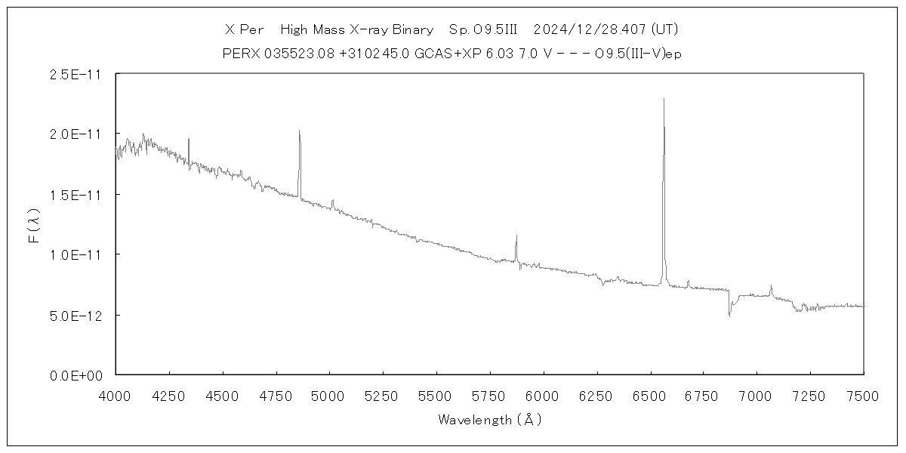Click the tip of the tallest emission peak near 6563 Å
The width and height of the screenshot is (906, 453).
[x=664, y=99]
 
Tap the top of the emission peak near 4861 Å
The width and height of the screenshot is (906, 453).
[x=300, y=131]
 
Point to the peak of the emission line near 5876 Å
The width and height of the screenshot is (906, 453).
[x=516, y=236]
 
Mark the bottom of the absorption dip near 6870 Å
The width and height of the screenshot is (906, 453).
[x=729, y=316]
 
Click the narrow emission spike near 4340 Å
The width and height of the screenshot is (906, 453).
[x=189, y=139]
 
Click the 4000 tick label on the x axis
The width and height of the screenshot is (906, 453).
[x=116, y=395]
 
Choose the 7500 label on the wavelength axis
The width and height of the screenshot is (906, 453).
[x=863, y=395]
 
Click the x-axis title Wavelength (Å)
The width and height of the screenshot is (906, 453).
[x=489, y=420]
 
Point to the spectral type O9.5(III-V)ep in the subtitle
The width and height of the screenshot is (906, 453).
[x=639, y=53]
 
